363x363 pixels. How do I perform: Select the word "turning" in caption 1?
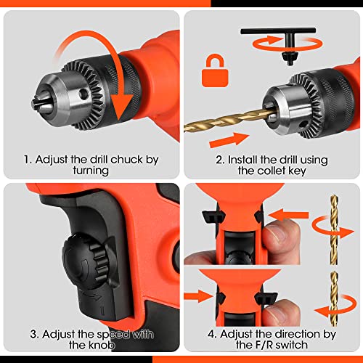(89, 172)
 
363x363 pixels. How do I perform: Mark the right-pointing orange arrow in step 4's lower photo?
(195, 297)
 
